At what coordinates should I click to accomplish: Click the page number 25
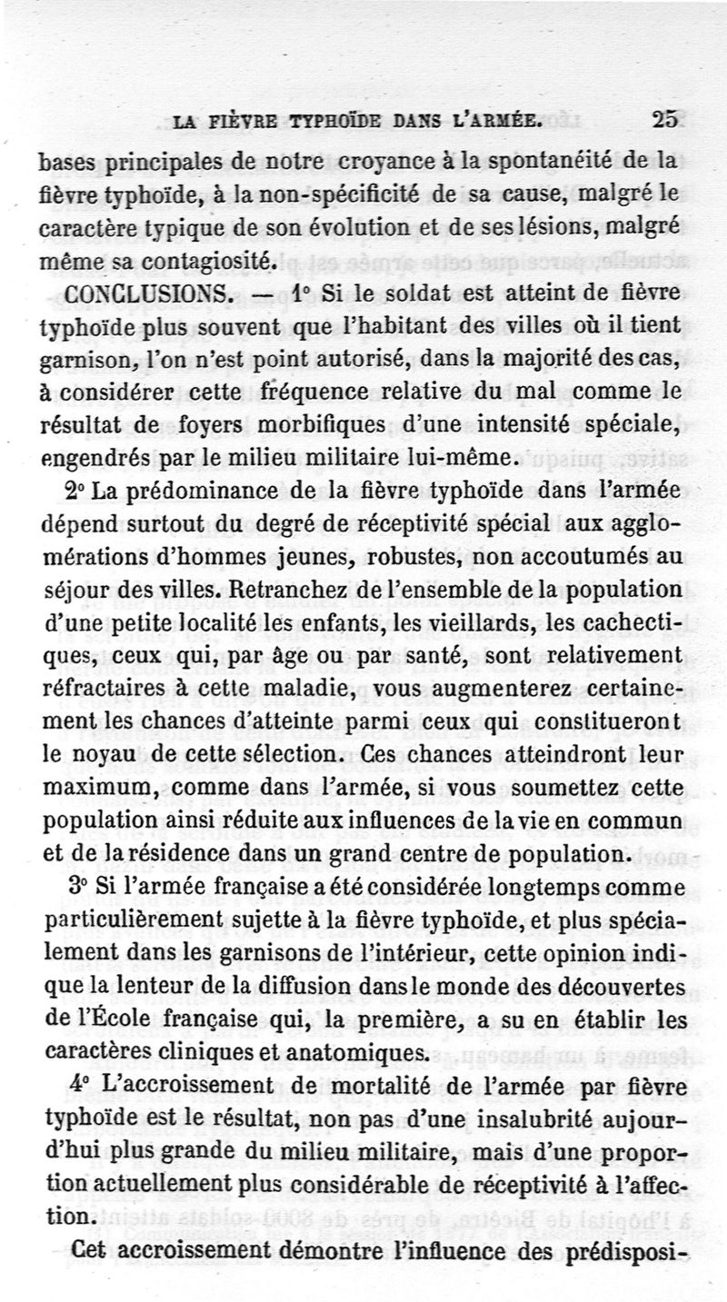664,119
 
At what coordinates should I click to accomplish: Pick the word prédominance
202,490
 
